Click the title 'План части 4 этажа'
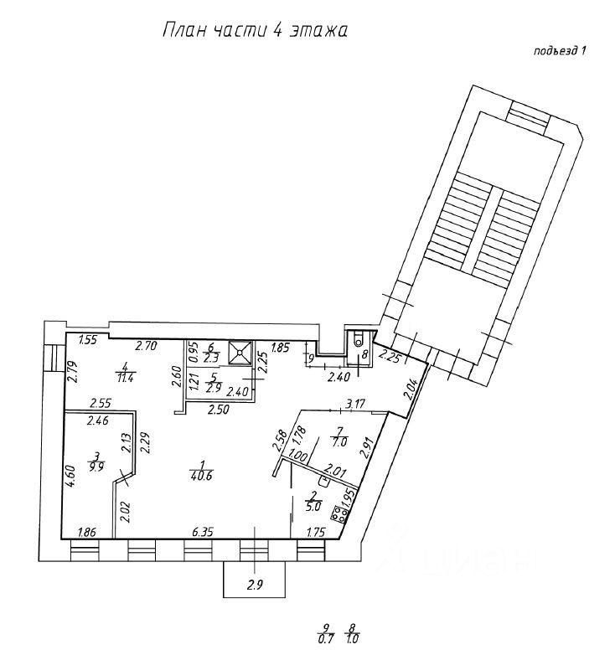coord(253,31)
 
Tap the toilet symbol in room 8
coord(359,340)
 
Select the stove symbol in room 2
coord(341,514)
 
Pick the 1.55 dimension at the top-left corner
coord(89,340)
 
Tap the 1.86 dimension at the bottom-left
coord(85,531)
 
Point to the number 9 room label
coord(311,360)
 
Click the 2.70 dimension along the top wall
coord(147,344)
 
